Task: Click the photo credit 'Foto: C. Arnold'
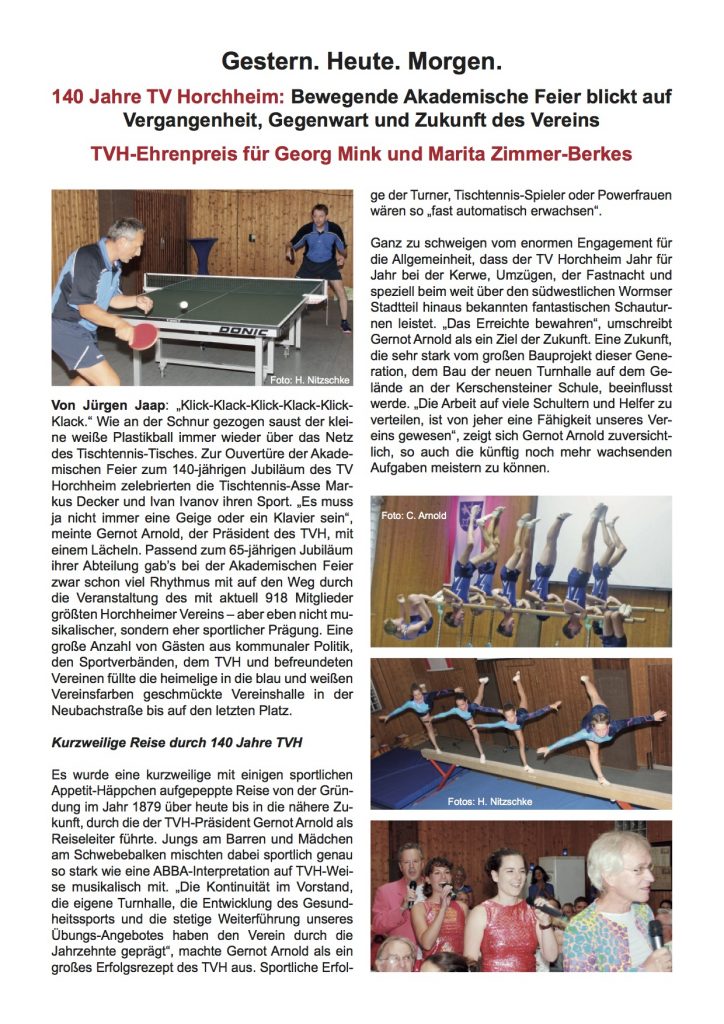pos(413,516)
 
